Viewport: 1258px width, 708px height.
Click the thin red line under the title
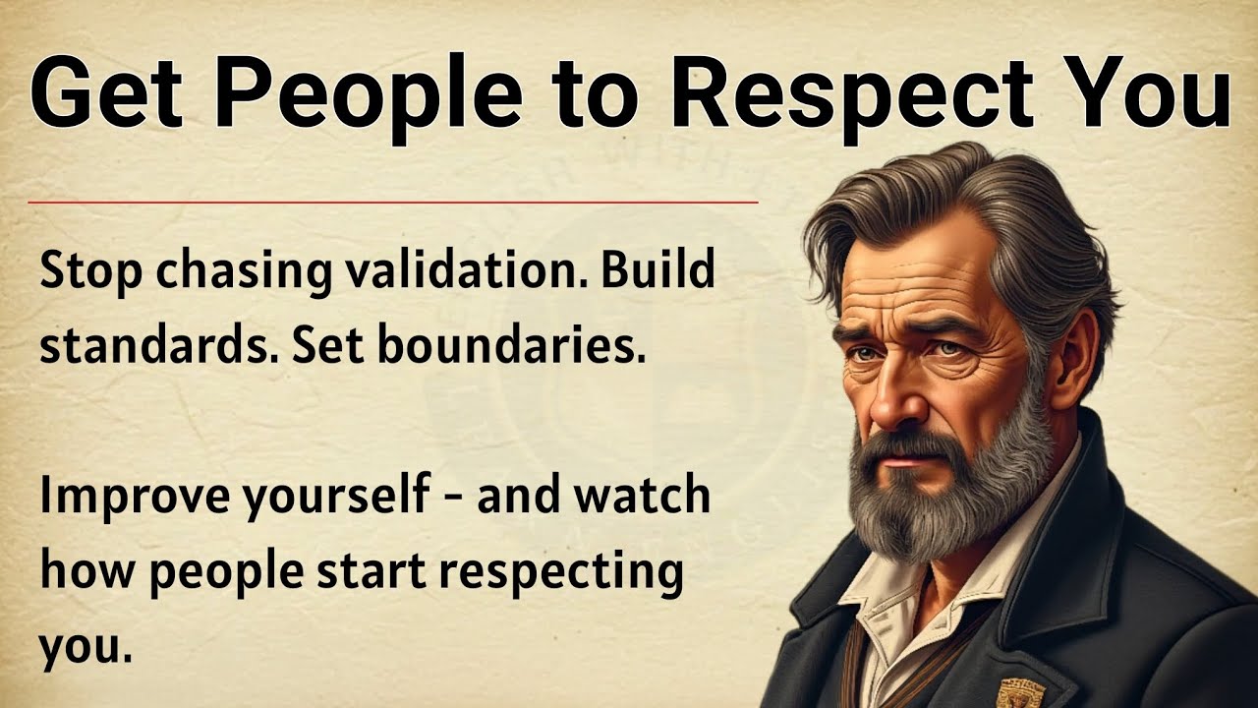[x=393, y=203]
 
